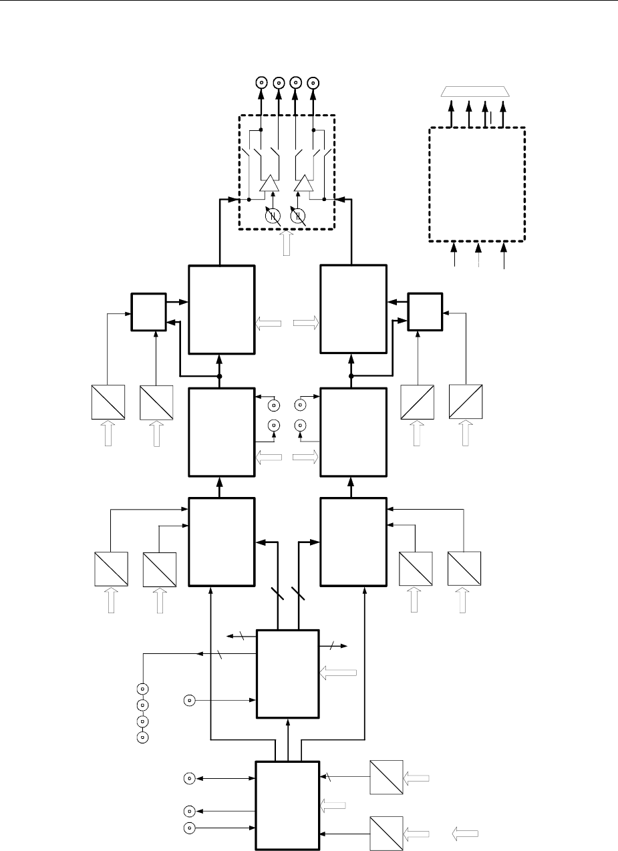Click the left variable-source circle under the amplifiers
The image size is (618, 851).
(272, 215)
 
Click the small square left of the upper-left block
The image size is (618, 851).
(148, 311)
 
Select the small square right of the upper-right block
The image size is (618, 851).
(425, 311)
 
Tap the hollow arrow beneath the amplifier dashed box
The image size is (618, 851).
(287, 243)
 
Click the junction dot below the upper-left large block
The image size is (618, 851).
(220, 375)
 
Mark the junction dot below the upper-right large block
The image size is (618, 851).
(351, 375)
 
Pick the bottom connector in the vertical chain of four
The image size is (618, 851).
(142, 737)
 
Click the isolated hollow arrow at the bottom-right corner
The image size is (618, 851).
(466, 833)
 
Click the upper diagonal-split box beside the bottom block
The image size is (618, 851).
(387, 778)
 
